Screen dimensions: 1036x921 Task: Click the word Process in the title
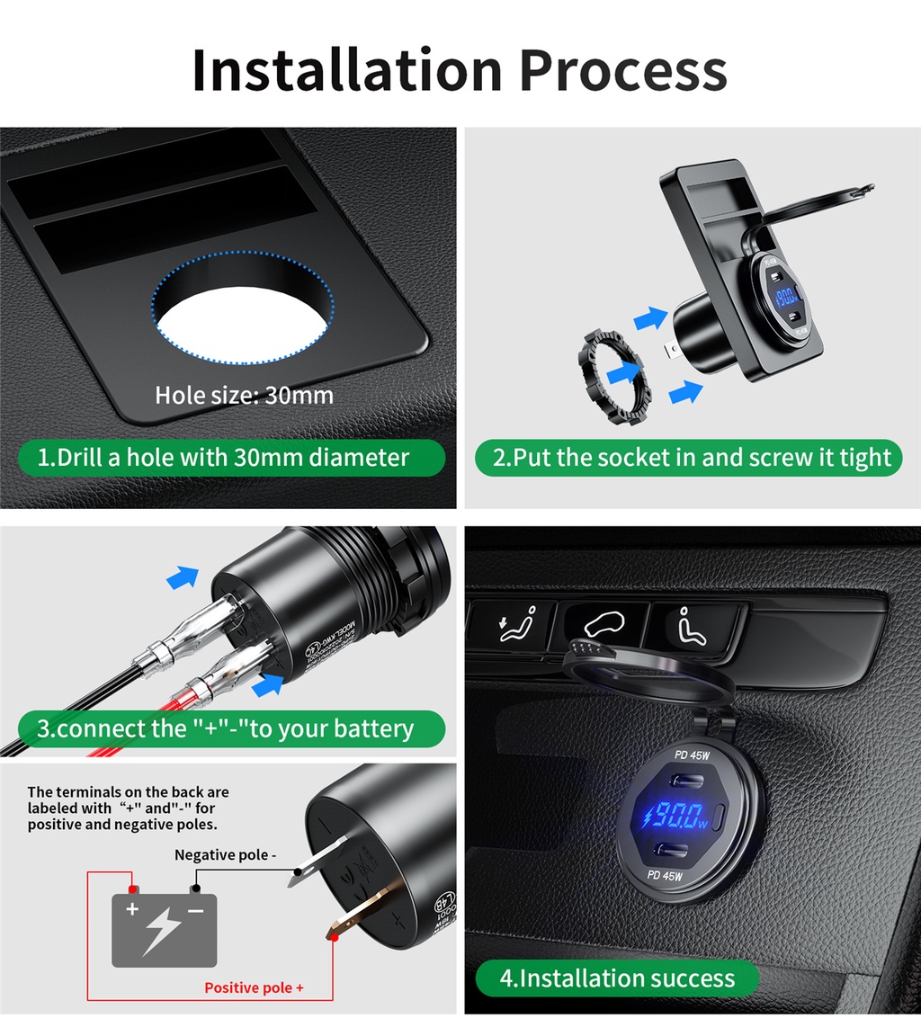(623, 70)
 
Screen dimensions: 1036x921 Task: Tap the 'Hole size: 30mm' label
(244, 395)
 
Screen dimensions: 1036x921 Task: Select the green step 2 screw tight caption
(692, 458)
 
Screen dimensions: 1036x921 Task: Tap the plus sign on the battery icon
(132, 909)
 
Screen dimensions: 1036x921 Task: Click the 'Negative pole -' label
(225, 854)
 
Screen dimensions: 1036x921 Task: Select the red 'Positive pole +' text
(254, 987)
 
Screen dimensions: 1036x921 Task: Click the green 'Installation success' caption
(617, 978)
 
